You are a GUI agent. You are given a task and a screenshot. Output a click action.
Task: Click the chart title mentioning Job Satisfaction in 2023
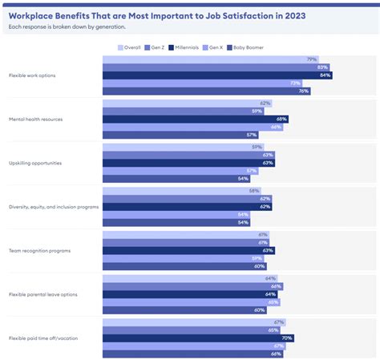click(162, 14)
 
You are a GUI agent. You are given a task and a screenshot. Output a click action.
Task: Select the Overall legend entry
click(130, 47)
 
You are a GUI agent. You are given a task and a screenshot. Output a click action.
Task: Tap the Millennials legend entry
click(187, 47)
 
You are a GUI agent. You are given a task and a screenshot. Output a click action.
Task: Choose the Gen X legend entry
click(220, 47)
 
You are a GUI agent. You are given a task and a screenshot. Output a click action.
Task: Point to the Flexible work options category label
click(33, 75)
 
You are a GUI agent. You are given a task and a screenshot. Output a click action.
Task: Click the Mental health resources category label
click(36, 119)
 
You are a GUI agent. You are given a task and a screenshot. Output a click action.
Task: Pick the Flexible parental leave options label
click(43, 295)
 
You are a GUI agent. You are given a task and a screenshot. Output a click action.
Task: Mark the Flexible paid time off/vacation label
click(43, 338)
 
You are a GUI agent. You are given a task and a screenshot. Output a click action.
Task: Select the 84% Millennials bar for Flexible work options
click(216, 75)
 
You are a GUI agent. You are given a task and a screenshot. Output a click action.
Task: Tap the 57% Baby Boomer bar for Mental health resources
click(180, 136)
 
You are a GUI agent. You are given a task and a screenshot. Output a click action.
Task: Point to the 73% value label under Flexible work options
click(295, 83)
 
